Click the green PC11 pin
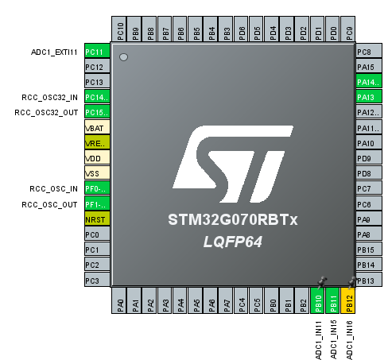coord(95,52)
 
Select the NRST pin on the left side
coord(95,219)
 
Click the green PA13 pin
coord(367,98)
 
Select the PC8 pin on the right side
coord(367,52)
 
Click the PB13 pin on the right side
coord(367,280)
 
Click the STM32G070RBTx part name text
coord(232,219)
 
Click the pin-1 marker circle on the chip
coord(123,57)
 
